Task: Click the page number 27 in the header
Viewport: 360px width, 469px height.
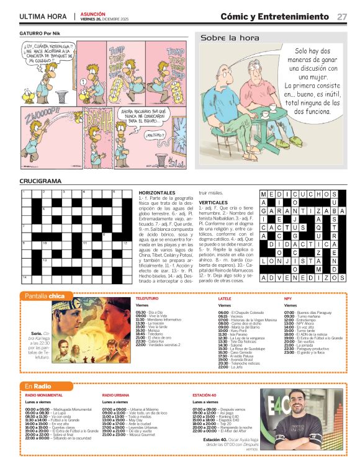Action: point(342,17)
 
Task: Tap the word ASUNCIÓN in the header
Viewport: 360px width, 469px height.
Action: point(92,14)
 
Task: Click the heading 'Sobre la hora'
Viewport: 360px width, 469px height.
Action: point(221,38)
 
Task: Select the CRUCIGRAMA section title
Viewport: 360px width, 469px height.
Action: point(40,181)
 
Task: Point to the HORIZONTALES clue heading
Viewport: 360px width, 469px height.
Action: point(157,194)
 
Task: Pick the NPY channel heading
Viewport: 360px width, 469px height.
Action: point(287,298)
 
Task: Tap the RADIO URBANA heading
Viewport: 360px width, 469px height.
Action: point(116,395)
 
